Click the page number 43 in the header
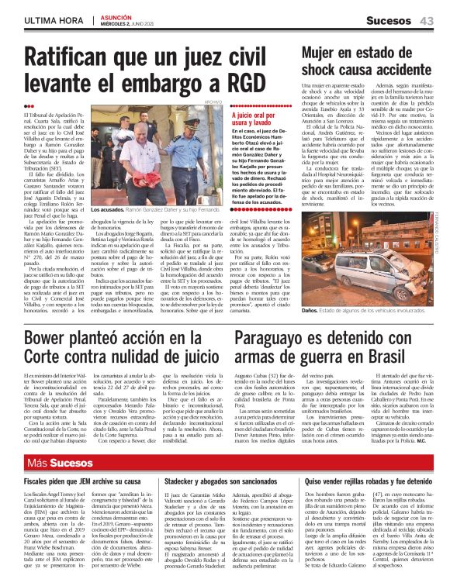(426, 20)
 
